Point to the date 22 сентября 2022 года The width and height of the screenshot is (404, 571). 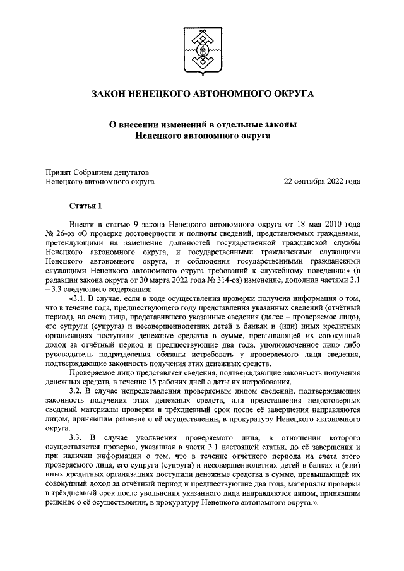point(322,182)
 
